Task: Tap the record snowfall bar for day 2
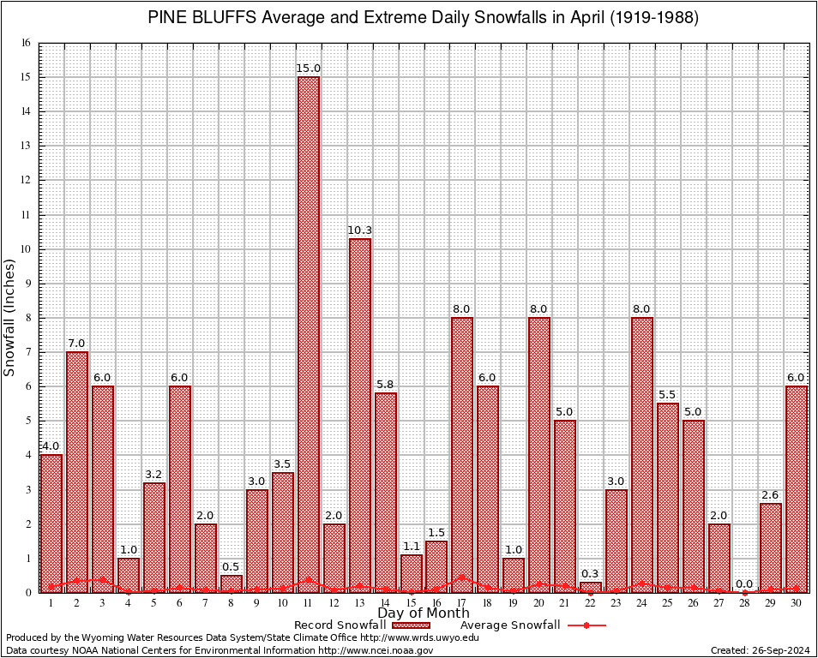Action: click(77, 471)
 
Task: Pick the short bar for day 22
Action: click(591, 587)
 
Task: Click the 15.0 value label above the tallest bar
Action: click(309, 69)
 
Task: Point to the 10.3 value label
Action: click(360, 230)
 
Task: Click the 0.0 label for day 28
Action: click(745, 583)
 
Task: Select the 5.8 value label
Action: click(386, 385)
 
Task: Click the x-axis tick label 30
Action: click(797, 603)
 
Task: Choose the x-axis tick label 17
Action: click(462, 603)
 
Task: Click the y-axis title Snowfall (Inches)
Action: click(10, 318)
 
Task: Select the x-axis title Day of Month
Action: click(424, 613)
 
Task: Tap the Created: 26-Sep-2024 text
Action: click(760, 650)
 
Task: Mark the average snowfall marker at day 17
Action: click(462, 577)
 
